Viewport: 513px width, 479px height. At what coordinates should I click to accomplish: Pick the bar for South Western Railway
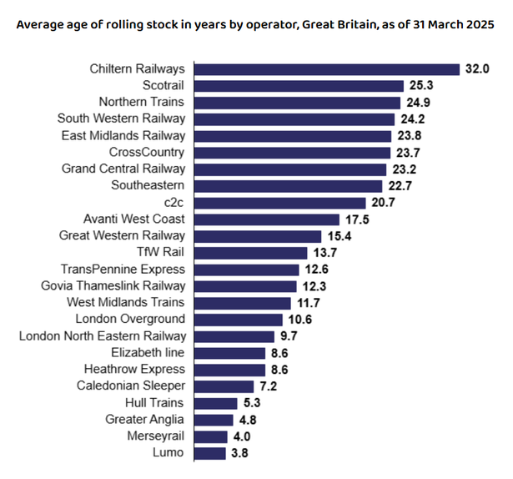pyautogui.click(x=294, y=118)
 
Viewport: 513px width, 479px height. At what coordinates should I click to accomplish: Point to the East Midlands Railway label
pyautogui.click(x=123, y=135)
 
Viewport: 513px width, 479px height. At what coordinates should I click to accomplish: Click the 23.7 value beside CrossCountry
pyautogui.click(x=406, y=153)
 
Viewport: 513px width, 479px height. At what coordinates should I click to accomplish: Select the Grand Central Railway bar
pyautogui.click(x=290, y=169)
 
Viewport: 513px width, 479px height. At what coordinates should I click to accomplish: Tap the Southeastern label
pyautogui.click(x=148, y=185)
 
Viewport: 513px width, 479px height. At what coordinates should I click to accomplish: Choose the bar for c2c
pyautogui.click(x=280, y=203)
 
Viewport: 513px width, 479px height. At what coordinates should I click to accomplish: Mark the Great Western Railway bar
pyautogui.click(x=258, y=236)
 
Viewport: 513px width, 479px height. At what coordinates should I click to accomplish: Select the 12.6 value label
pyautogui.click(x=314, y=270)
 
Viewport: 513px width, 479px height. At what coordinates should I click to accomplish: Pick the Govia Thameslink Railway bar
pyautogui.click(x=245, y=286)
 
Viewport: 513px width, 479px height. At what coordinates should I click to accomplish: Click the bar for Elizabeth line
pyautogui.click(x=229, y=353)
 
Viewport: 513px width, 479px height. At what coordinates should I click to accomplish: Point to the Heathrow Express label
pyautogui.click(x=134, y=370)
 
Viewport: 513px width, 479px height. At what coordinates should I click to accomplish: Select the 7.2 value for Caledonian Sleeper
pyautogui.click(x=269, y=386)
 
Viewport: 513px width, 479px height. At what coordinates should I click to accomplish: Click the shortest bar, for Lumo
pyautogui.click(x=210, y=453)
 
